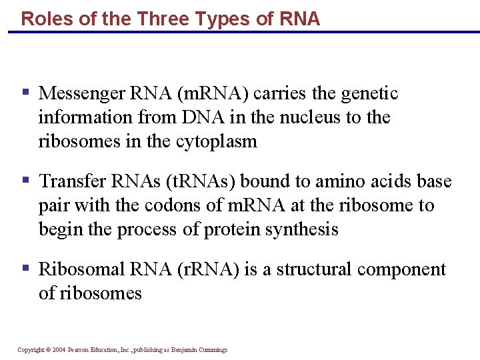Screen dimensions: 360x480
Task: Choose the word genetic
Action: tap(369, 93)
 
